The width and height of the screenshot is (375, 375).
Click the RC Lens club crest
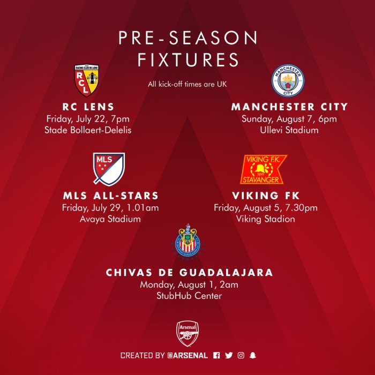[87, 80]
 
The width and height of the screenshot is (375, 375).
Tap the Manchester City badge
[288, 80]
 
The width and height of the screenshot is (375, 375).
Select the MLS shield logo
[109, 169]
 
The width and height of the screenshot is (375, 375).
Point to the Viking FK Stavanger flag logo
[264, 169]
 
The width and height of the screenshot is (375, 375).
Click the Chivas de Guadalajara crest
[188, 242]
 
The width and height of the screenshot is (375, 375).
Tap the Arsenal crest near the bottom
[187, 334]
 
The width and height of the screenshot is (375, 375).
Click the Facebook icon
[216, 355]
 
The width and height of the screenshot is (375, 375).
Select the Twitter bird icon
[229, 355]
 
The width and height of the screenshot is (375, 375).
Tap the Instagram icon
[241, 355]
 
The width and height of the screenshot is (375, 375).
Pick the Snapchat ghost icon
[253, 355]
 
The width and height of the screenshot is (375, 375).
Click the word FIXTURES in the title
[188, 59]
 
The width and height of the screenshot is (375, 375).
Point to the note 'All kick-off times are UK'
[187, 84]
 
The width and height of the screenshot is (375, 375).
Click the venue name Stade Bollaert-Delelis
[88, 130]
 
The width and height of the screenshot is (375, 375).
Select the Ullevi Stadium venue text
[289, 130]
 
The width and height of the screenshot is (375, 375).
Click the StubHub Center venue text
[189, 296]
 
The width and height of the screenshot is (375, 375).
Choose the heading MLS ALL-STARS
[111, 196]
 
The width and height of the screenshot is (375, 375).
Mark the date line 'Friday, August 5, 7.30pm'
[266, 208]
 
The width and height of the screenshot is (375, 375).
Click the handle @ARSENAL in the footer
[187, 355]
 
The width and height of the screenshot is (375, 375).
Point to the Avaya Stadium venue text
[110, 219]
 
